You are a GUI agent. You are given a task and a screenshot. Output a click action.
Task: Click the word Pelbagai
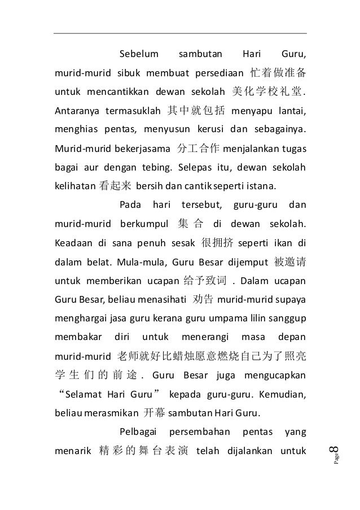click(x=140, y=432)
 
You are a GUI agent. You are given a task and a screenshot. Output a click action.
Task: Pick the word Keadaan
click(x=73, y=243)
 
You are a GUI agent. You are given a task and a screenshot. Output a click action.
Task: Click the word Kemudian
click(x=281, y=394)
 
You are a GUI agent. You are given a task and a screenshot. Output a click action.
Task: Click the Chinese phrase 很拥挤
click(x=218, y=243)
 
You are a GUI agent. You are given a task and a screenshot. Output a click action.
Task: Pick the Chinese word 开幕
click(x=154, y=413)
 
